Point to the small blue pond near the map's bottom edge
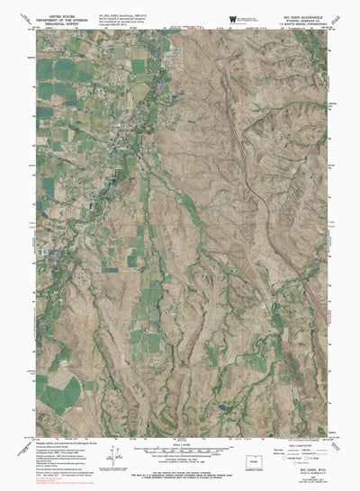point(220,406)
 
